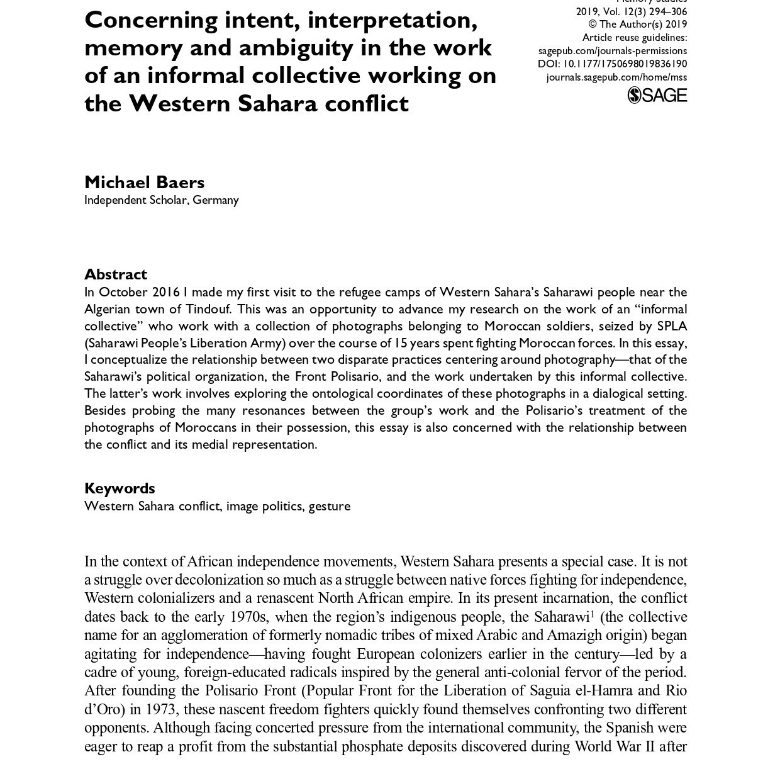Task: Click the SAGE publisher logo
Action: (657, 95)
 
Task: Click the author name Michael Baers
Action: (144, 182)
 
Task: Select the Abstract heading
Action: (116, 274)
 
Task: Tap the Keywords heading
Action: (120, 488)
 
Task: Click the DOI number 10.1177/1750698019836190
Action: (624, 64)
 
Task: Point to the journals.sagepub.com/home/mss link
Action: (616, 77)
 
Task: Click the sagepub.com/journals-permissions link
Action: (612, 50)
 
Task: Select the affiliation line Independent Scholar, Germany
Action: (162, 199)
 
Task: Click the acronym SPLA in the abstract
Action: (672, 326)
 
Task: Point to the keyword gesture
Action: (329, 506)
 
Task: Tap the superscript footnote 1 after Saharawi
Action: (593, 613)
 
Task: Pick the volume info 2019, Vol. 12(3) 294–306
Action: (631, 11)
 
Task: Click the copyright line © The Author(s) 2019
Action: (637, 25)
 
